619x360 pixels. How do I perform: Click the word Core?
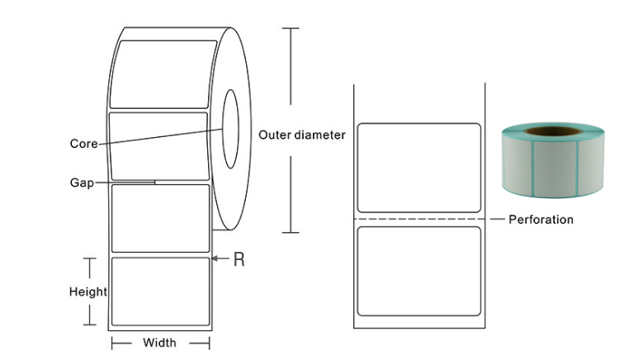coord(83,144)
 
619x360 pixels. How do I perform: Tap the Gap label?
coord(82,182)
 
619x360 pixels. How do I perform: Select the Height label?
coord(88,291)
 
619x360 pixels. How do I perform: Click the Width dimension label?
coord(159,343)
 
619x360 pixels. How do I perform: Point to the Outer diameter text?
coord(302,135)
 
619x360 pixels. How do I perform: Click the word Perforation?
coord(541,220)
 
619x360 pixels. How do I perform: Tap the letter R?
coord(239,259)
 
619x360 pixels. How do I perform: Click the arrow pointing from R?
coord(220,258)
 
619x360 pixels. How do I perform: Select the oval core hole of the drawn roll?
coord(230,129)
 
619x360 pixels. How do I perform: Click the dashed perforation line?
coord(419,219)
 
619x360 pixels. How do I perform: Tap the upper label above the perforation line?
coord(418,168)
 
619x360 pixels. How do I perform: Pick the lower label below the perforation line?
coord(418,271)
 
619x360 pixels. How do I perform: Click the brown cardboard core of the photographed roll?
coord(552,131)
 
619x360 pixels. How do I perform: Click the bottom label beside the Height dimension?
coord(160,291)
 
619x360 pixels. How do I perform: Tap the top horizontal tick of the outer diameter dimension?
coord(291,28)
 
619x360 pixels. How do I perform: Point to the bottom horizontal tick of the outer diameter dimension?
coord(291,233)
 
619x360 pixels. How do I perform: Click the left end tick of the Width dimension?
coord(112,343)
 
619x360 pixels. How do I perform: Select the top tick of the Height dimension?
coord(90,258)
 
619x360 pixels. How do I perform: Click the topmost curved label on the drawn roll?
coord(163,73)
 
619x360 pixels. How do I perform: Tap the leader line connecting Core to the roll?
coord(160,136)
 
